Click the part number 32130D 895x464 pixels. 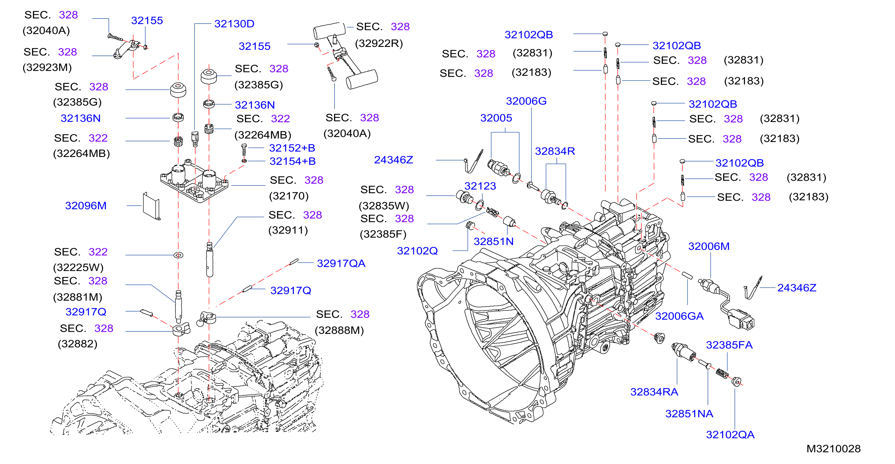[234, 24]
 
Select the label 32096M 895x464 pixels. [86, 205]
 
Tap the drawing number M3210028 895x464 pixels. [833, 448]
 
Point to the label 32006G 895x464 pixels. [526, 101]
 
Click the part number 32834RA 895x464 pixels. [654, 392]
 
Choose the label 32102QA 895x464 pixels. [730, 435]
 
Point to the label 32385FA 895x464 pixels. [729, 345]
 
